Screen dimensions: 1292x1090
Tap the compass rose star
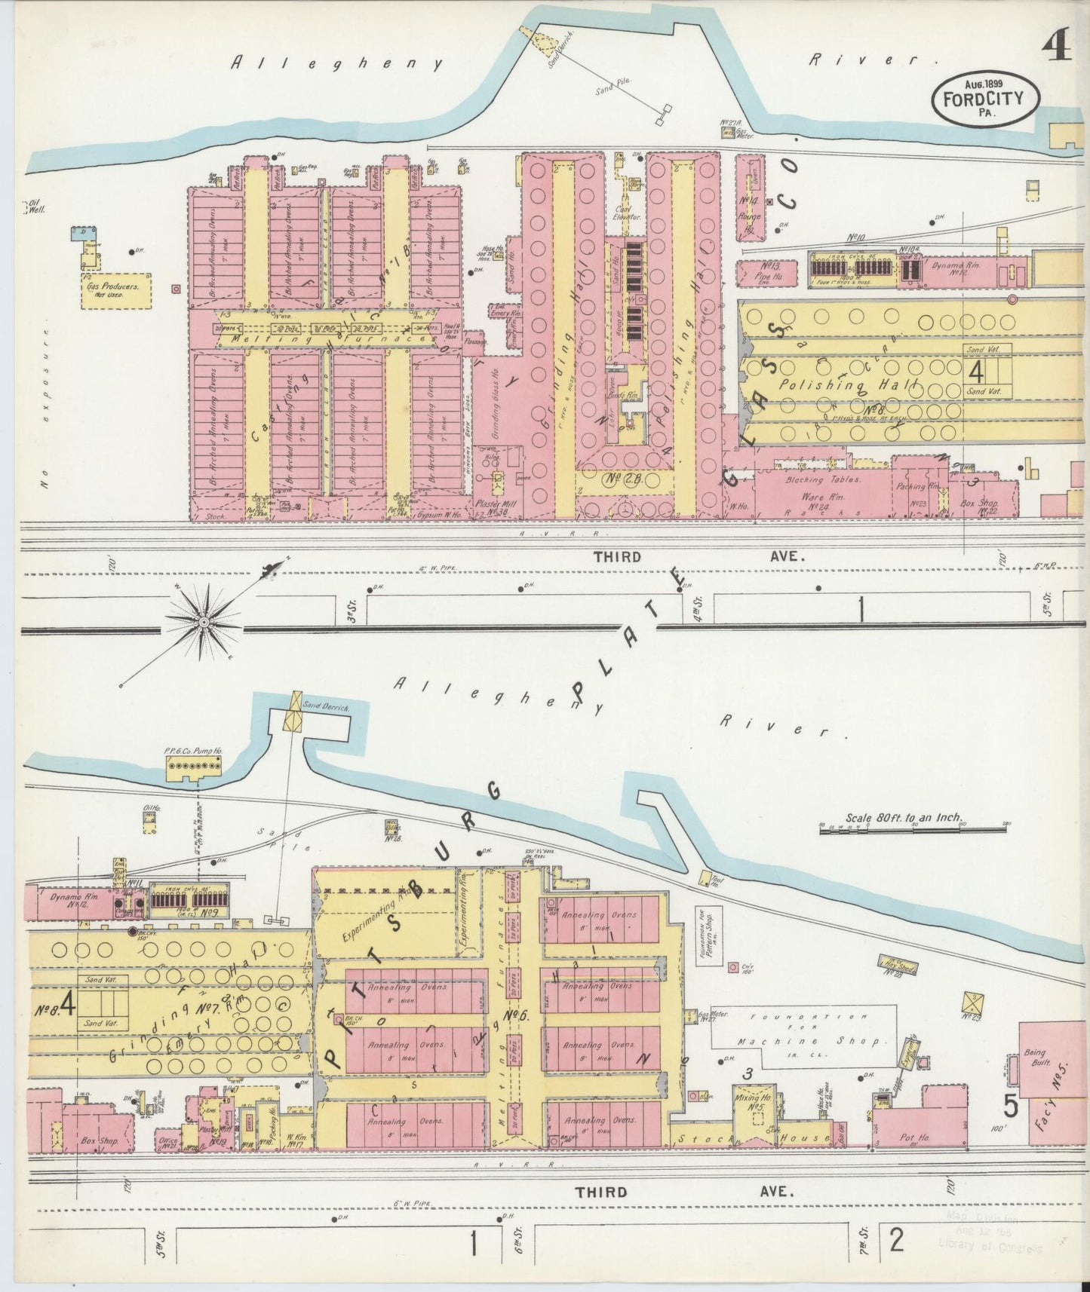[x=204, y=621]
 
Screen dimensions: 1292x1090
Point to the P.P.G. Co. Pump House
[x=195, y=767]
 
